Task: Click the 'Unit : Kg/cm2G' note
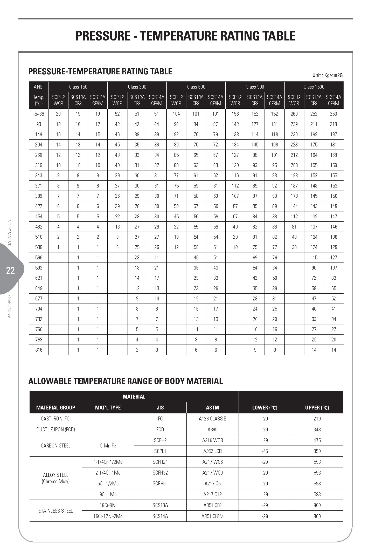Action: pos(327,75)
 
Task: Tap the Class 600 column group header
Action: pos(196,87)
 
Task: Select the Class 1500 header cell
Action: pos(314,87)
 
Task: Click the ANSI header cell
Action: pos(39,87)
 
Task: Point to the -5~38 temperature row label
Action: pos(39,114)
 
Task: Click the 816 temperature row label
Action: pos(39,350)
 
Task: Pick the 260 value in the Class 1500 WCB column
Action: pos(294,114)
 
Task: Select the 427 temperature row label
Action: pos(39,206)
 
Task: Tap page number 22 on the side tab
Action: pos(10,271)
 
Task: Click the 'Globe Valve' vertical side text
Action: pos(9,306)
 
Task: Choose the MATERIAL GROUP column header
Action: pos(55,408)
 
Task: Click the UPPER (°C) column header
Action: pos(317,408)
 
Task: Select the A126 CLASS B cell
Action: pos(212,419)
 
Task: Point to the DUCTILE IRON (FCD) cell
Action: pos(55,429)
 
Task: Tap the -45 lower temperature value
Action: pos(265,451)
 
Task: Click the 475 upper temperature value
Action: pos(317,440)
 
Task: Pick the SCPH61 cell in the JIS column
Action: pos(160,483)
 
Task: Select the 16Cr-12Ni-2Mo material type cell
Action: pos(108,516)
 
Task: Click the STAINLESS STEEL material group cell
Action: pos(55,511)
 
